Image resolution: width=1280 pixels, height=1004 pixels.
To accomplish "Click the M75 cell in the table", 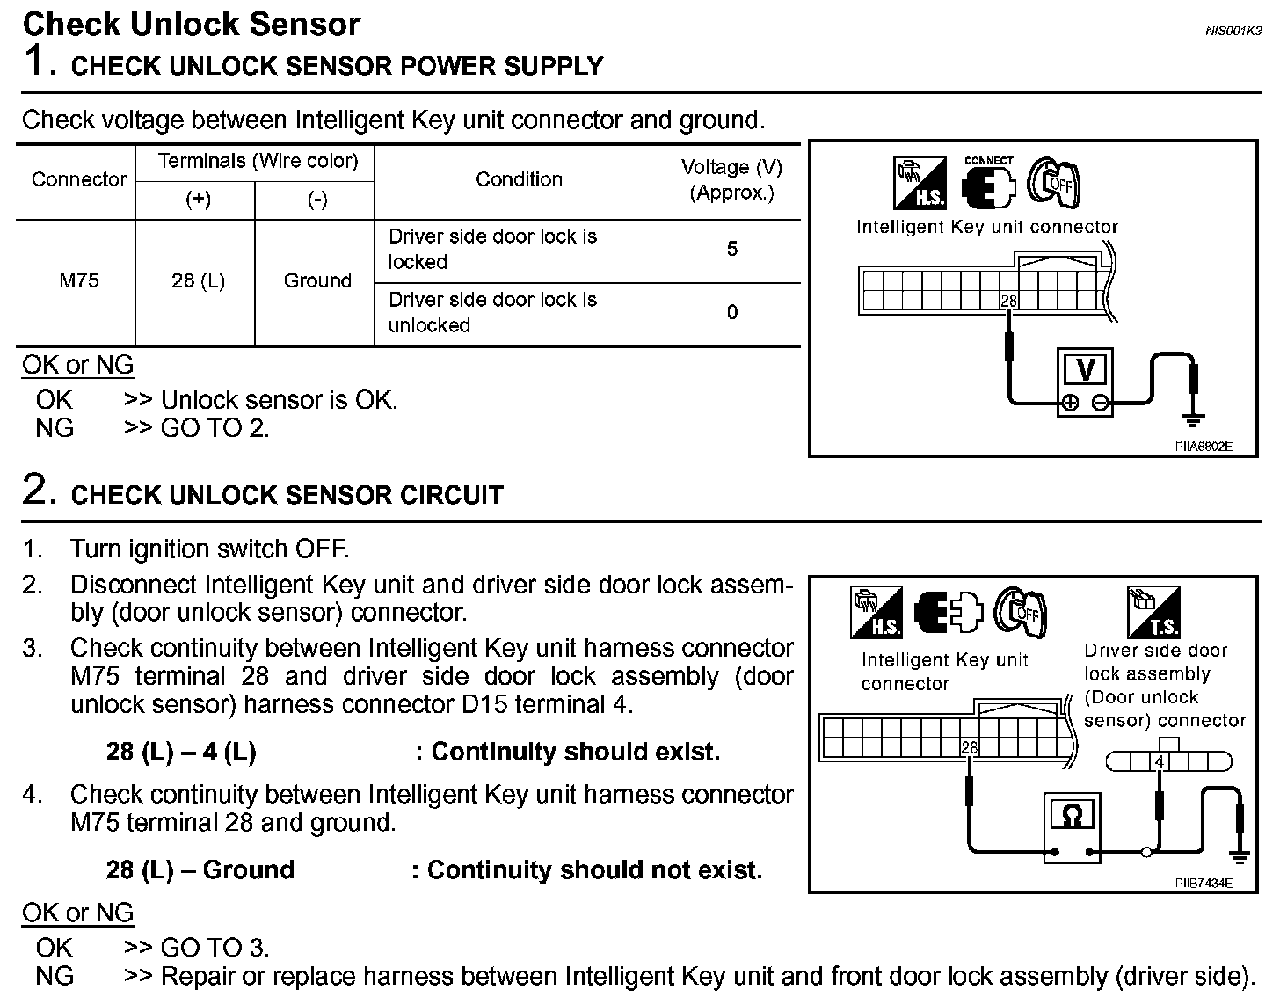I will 78,281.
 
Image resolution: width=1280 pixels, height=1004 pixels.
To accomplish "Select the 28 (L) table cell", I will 198,281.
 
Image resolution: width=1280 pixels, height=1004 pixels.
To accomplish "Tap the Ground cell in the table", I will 317,281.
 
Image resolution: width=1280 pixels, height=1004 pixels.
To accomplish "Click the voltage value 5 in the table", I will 731,250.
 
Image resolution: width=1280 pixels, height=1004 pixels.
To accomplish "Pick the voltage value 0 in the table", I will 731,313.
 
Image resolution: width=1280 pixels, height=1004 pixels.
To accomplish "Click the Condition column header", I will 519,179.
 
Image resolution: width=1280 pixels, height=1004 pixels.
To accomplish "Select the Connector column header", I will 79,179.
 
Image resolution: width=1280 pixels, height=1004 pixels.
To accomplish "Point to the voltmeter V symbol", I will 1085,369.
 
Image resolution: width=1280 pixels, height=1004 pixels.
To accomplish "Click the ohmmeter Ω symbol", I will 1072,816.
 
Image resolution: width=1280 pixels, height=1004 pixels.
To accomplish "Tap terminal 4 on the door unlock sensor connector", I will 1160,762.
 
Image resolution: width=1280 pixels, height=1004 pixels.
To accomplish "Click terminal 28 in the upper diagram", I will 1008,301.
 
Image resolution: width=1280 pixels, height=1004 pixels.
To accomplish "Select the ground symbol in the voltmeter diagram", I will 1193,420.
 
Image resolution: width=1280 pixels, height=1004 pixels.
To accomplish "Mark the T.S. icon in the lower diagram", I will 1153,613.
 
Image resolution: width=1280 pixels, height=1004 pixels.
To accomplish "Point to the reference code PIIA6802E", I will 1204,447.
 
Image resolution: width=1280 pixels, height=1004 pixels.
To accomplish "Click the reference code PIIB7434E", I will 1204,883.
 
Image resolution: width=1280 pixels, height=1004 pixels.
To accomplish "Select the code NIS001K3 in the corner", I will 1233,31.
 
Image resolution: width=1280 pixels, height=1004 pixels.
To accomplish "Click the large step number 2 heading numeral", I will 34,491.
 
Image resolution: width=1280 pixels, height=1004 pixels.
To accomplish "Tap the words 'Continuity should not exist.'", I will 594,870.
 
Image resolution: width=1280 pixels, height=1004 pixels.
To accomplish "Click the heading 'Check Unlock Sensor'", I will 191,24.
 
